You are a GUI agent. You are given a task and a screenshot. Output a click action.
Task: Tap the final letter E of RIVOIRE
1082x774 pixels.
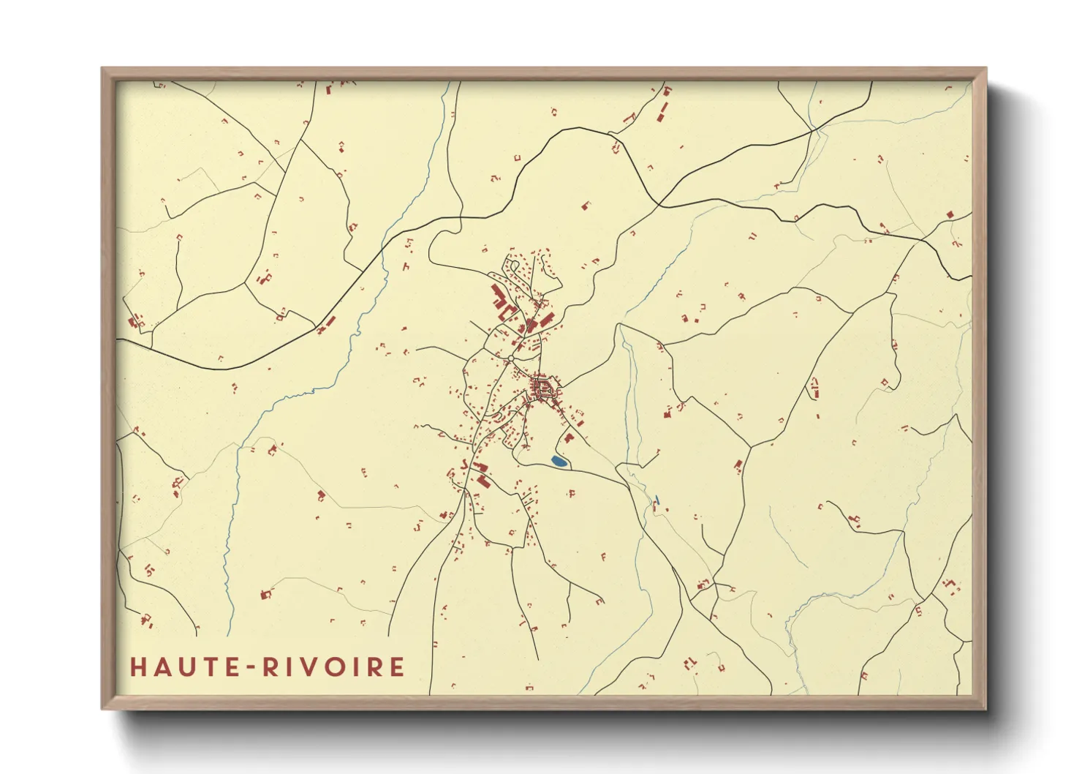pyautogui.click(x=397, y=667)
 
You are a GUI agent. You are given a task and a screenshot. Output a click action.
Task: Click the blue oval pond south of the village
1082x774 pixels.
pyautogui.click(x=559, y=462)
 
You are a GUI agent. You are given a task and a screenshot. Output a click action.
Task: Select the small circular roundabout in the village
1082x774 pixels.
pyautogui.click(x=510, y=358)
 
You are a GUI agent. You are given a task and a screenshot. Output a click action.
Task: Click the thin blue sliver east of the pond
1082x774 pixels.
pyautogui.click(x=658, y=500)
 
